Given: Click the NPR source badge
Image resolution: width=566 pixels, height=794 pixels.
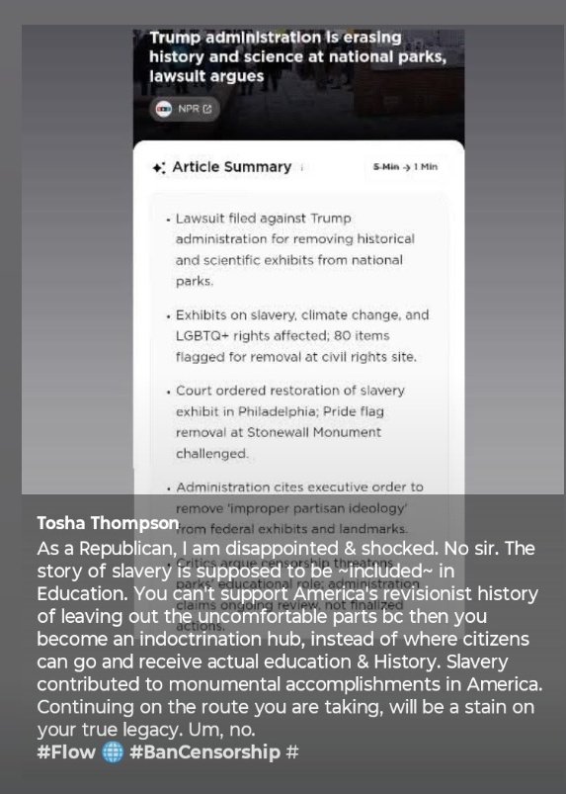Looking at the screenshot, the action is [x=185, y=109].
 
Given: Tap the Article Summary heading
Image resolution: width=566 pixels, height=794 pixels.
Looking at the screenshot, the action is [x=231, y=167].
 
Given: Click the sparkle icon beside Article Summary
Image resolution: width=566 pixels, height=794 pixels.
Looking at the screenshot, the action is [x=159, y=168].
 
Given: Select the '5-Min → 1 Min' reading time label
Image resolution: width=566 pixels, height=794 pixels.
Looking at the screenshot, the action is [x=405, y=168].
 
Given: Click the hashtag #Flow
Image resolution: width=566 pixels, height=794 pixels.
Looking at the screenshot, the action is [x=66, y=752].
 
